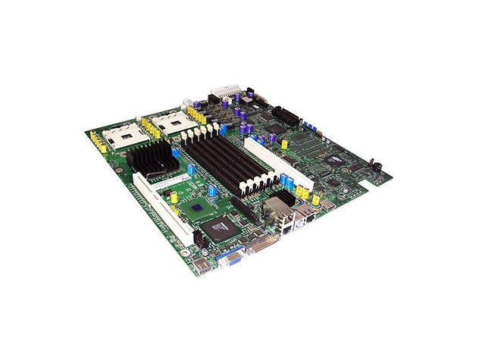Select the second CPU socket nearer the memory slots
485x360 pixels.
tap(168, 119)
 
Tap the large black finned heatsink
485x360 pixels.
tap(152, 159)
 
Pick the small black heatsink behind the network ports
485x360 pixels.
tap(282, 199)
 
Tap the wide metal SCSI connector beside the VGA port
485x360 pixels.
tap(258, 245)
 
